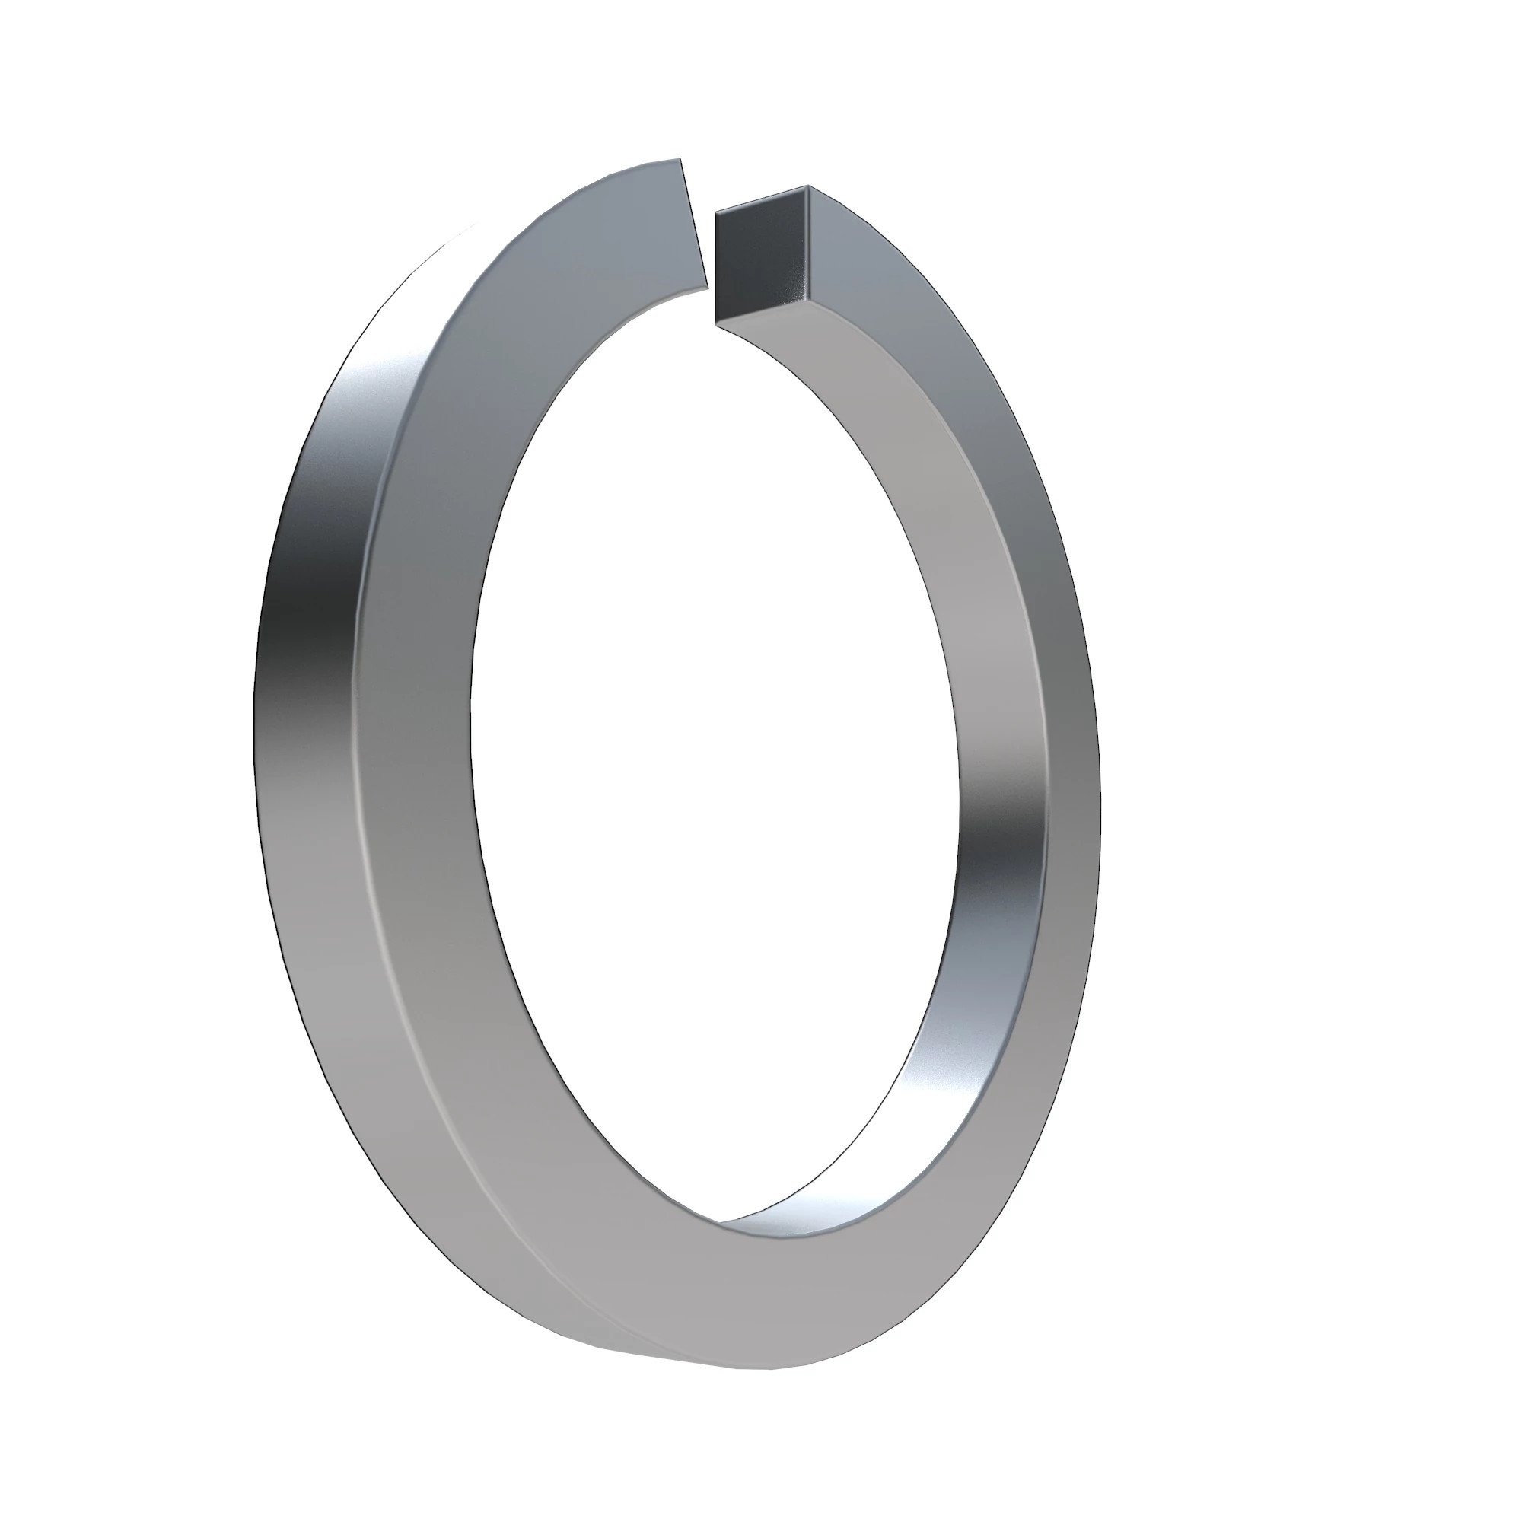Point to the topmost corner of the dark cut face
coord(808,186)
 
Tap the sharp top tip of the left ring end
coord(680,158)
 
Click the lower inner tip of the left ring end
coord(707,289)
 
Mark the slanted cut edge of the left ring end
coord(693,224)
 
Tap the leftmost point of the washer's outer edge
coord(253,724)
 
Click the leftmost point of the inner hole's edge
coord(471,733)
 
